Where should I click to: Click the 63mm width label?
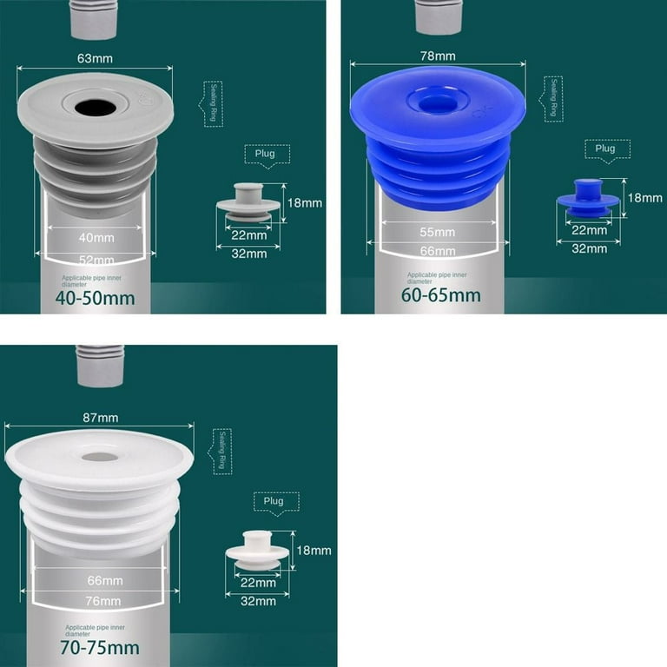[96, 58]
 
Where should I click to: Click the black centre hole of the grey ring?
[95, 108]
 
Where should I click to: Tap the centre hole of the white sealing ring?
[100, 457]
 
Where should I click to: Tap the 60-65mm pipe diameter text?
[440, 294]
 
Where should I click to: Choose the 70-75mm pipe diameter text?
[100, 647]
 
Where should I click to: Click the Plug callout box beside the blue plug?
[605, 149]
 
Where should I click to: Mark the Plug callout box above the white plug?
[275, 501]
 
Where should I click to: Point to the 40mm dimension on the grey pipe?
[96, 236]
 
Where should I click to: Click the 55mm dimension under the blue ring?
[438, 232]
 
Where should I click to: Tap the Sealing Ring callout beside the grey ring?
[213, 104]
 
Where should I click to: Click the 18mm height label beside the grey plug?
[305, 203]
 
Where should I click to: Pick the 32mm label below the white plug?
[258, 601]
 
